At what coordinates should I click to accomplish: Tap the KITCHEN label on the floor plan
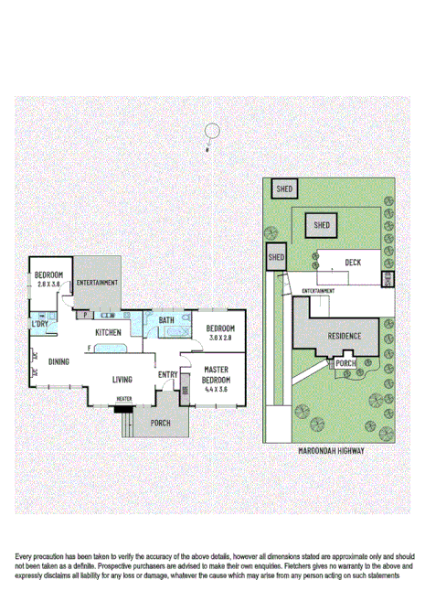[109, 332]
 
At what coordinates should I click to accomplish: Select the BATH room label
[166, 320]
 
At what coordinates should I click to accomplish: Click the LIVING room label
[123, 380]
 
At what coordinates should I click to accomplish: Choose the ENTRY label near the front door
[167, 374]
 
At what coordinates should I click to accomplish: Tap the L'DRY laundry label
[40, 325]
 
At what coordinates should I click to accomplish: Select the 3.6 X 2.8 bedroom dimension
[220, 338]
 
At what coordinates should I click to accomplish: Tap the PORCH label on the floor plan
[160, 423]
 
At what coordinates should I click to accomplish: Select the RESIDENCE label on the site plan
[345, 336]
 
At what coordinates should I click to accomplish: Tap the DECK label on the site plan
[353, 263]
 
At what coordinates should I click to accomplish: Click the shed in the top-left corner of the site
[284, 188]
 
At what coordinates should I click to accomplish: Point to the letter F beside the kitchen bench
[89, 348]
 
